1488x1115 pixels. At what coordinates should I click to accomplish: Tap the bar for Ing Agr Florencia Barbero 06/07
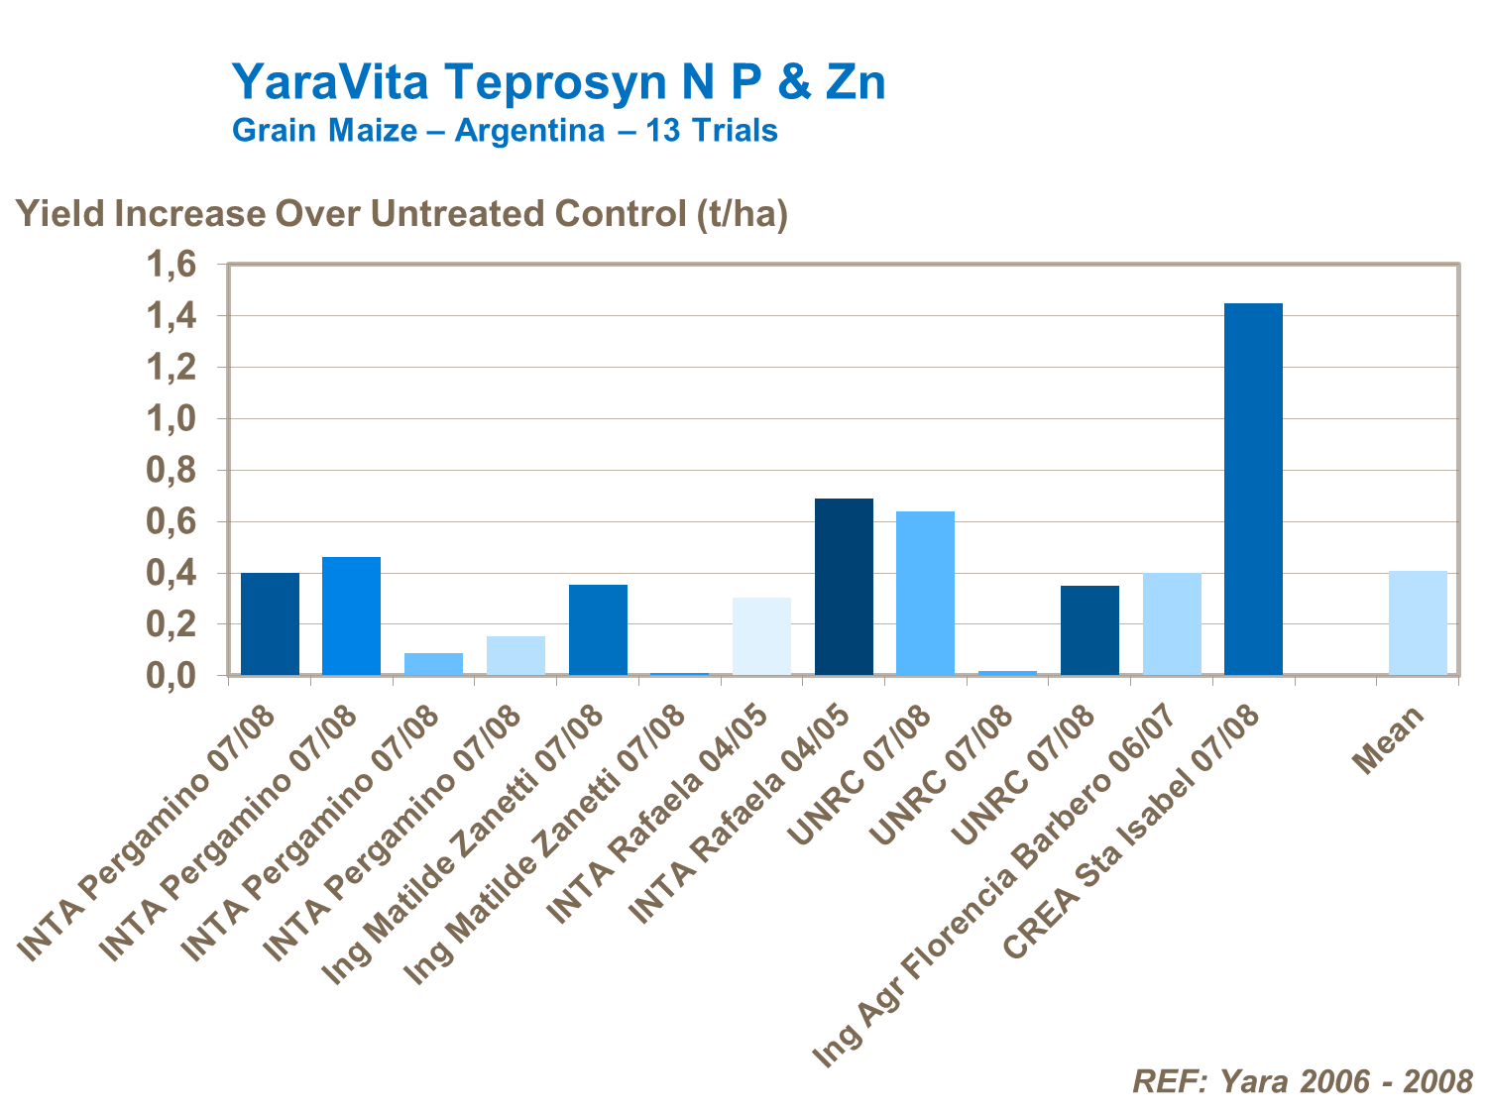click(1172, 623)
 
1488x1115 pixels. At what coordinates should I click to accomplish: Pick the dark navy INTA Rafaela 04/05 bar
click(844, 587)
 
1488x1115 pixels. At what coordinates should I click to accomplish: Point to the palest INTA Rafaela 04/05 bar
click(761, 636)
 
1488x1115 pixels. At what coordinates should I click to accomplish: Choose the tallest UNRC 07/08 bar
click(925, 593)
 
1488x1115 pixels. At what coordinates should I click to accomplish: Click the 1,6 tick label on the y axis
click(172, 265)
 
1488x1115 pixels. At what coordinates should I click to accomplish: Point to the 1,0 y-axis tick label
click(172, 419)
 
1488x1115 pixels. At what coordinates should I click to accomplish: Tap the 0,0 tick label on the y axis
click(172, 676)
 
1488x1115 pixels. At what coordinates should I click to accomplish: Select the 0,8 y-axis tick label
click(172, 471)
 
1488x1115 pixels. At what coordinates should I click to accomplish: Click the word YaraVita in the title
click(330, 81)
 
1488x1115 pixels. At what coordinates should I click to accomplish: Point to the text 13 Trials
click(712, 131)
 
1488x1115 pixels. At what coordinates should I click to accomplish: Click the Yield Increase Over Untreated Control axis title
click(401, 214)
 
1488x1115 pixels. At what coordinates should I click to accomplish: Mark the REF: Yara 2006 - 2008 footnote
click(1302, 1080)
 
